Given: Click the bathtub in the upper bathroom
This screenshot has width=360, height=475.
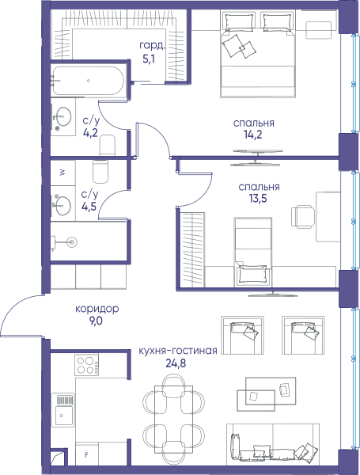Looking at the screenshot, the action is (88, 81).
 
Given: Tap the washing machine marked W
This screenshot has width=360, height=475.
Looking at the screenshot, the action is (63, 173).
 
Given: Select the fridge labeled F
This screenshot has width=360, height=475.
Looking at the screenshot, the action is (86, 454).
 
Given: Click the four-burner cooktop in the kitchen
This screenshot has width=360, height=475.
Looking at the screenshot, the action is (86, 365).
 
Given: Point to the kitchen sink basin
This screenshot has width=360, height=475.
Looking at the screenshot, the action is (64, 416).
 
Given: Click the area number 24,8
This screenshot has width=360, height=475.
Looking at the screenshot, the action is (176, 363).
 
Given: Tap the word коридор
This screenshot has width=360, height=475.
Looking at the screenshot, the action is (97, 309).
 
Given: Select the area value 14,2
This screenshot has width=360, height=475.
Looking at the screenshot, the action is (253, 135).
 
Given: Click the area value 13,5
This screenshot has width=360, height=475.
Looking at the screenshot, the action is (258, 199).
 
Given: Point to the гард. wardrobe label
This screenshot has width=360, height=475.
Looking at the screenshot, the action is (153, 45).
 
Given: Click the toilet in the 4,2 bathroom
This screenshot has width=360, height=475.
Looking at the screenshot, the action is (107, 145).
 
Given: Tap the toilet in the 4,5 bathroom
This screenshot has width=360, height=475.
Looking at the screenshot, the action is (100, 172).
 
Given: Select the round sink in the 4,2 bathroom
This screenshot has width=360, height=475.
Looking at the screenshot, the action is (63, 116).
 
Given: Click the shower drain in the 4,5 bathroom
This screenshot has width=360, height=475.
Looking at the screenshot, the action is (72, 241).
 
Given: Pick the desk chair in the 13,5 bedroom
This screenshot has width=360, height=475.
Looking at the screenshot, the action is (303, 217).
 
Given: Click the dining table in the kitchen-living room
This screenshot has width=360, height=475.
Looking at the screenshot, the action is (173, 420).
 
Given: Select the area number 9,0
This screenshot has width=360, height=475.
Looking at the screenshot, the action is (96, 321).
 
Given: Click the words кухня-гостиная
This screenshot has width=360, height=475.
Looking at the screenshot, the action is (178, 351).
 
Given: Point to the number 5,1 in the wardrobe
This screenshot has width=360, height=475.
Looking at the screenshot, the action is (149, 58).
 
